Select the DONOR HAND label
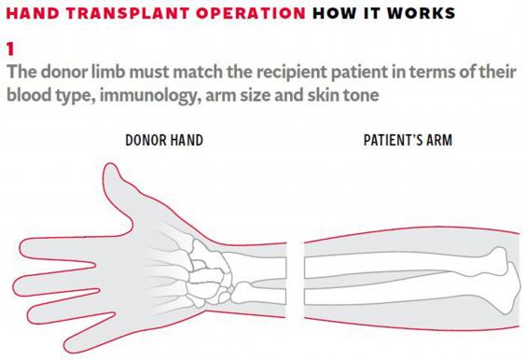[165, 141]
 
